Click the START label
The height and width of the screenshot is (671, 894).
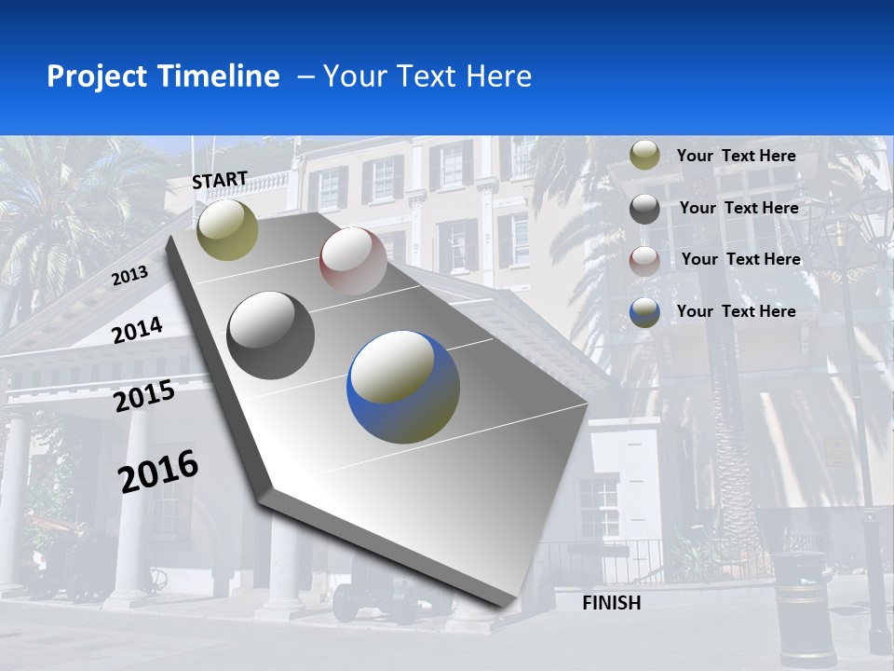220,180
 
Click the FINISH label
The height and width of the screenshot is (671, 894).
611,603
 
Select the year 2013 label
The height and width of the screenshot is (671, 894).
130,276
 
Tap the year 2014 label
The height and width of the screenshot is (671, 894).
138,330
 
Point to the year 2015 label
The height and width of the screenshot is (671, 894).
144,396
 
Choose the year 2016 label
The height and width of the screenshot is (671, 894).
158,471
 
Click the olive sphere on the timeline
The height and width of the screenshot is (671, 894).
227,229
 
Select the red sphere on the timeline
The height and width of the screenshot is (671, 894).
353,261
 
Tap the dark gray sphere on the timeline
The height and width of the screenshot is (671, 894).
271,335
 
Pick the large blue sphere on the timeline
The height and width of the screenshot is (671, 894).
403,387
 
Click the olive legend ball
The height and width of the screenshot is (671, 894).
644,156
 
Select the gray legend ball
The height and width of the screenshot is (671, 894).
644,209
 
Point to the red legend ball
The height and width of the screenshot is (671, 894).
644,260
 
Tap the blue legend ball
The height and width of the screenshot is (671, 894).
644,312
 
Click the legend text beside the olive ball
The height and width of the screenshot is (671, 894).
736,156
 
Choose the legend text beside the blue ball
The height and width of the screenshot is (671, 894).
736,311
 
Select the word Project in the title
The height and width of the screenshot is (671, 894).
99,76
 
